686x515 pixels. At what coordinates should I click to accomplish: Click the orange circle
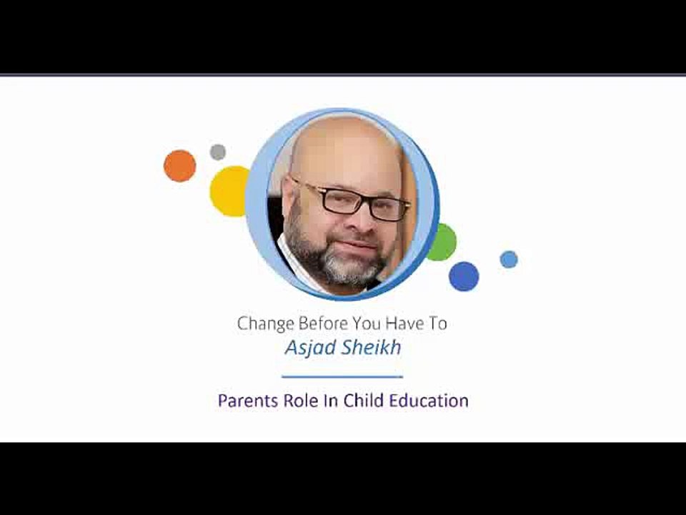pyautogui.click(x=179, y=166)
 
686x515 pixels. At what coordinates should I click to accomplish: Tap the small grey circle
pyautogui.click(x=218, y=152)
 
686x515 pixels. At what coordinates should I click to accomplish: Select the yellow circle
pyautogui.click(x=229, y=191)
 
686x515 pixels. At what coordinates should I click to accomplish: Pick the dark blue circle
pyautogui.click(x=464, y=276)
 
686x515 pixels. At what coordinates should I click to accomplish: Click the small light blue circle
pyautogui.click(x=509, y=259)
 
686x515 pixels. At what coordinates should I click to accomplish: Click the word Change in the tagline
pyautogui.click(x=262, y=324)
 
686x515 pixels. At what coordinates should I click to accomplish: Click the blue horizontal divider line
pyautogui.click(x=342, y=376)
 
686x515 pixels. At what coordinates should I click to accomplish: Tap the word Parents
pyautogui.click(x=246, y=401)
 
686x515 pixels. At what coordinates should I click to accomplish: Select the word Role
pyautogui.click(x=301, y=401)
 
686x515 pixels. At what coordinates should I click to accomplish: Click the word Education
pyautogui.click(x=428, y=401)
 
